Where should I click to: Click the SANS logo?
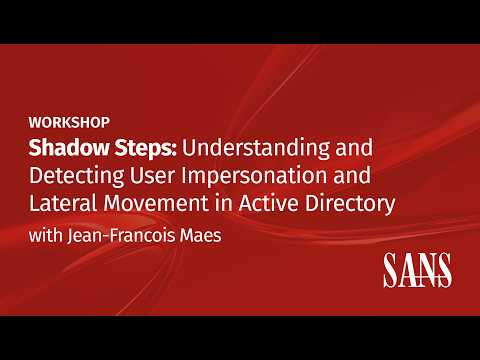[418, 271]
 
